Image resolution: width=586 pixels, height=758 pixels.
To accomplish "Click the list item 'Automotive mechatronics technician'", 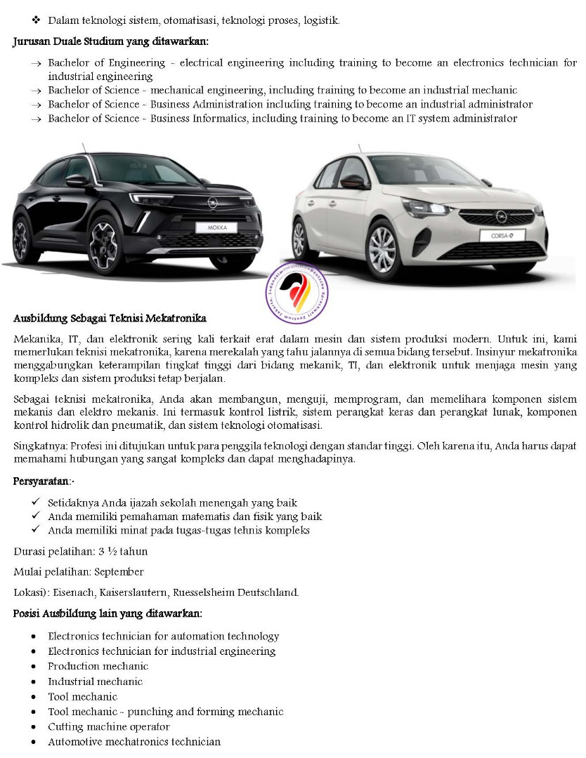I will (x=134, y=741).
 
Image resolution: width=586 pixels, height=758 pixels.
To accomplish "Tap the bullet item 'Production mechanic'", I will (x=98, y=666).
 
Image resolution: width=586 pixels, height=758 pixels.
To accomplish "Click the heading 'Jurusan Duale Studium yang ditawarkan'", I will (x=111, y=41).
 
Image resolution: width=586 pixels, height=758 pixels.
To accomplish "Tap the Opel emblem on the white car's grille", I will (x=502, y=217).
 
